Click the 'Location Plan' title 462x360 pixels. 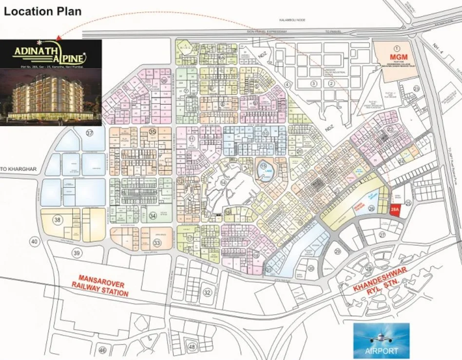[43, 11]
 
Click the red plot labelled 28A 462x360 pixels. [395, 210]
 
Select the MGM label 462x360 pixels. [396, 57]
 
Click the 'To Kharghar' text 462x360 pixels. [18, 169]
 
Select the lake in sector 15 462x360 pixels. [266, 172]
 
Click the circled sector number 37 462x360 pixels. [89, 133]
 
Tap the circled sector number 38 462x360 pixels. [58, 220]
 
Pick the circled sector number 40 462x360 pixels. [34, 241]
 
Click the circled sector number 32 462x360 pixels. [207, 292]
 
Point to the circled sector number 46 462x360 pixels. [102, 350]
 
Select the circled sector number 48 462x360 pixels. [192, 347]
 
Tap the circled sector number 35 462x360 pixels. [153, 132]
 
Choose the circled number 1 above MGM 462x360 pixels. [396, 48]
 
